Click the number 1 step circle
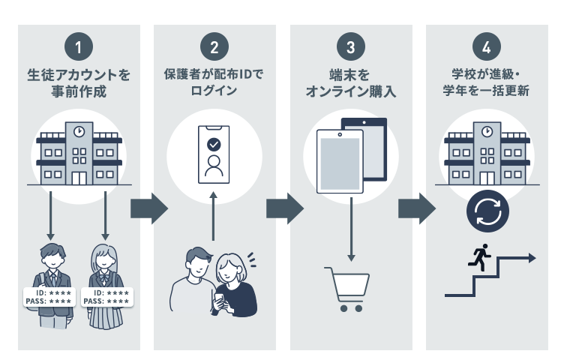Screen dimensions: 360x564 tap(79, 47)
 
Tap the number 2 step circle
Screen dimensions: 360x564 tap(214, 47)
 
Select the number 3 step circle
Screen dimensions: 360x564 tap(351, 47)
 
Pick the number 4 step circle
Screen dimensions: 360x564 tap(487, 47)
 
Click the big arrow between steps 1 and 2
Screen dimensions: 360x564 tap(147, 208)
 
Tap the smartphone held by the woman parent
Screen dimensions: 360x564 tap(219, 300)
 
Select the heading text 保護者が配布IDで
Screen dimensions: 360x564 tap(214, 75)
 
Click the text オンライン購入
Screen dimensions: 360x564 tap(350, 92)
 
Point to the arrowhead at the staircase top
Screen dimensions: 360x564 tap(532, 257)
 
